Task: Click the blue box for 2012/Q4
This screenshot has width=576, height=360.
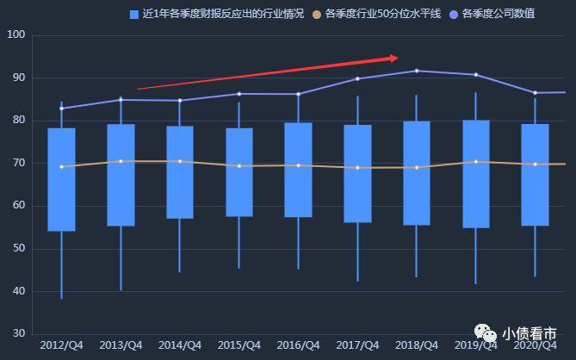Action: click(61, 179)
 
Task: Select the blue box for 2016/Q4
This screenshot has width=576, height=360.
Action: click(298, 170)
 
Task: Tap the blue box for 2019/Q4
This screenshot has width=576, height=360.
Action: click(475, 174)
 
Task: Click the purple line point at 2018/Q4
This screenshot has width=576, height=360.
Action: click(417, 71)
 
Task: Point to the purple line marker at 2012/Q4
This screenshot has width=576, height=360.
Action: click(61, 109)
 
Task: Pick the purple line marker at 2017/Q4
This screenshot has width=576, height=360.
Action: click(357, 78)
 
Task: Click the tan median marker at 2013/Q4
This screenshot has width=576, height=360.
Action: click(121, 161)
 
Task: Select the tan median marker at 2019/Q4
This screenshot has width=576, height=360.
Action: click(475, 161)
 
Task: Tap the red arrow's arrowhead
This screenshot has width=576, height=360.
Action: click(393, 58)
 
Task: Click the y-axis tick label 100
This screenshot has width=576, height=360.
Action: click(16, 34)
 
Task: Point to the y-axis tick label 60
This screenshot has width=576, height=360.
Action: click(20, 206)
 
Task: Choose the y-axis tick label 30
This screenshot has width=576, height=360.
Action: click(20, 334)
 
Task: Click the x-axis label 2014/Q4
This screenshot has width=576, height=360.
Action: click(180, 345)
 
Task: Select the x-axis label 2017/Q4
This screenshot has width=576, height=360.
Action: click(357, 345)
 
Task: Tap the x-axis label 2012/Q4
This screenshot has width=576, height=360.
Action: click(61, 345)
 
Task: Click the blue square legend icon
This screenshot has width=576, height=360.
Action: click(133, 14)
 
